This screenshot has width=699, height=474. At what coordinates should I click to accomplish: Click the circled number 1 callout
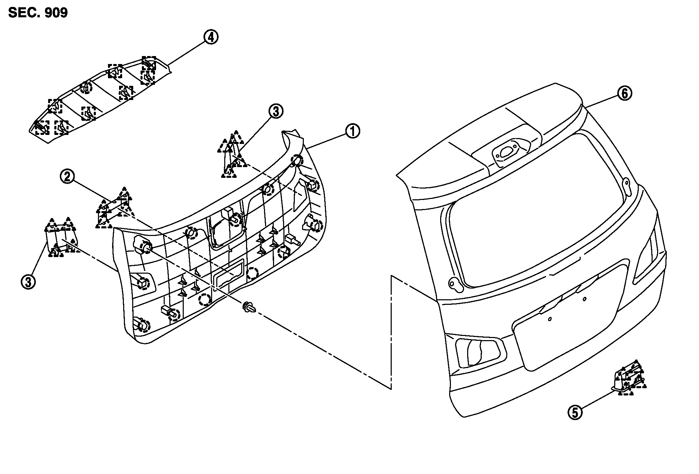(352, 131)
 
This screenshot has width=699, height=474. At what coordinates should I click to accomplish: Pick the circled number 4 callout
(211, 37)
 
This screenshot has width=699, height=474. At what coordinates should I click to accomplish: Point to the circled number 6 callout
(625, 93)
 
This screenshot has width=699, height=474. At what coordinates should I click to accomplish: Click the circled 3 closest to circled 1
(276, 111)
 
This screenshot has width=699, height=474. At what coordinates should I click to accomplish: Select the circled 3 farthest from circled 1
(28, 282)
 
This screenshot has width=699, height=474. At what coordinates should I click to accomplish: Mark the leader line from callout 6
(602, 100)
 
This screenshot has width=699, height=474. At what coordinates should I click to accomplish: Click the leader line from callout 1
(325, 140)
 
